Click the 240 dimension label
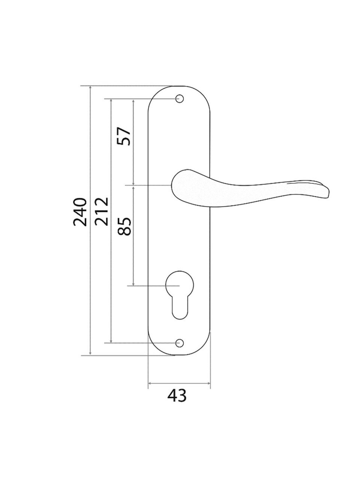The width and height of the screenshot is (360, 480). [x=80, y=211]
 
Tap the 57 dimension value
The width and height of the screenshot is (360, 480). [x=124, y=136]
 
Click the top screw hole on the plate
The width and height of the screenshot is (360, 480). [x=180, y=99]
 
